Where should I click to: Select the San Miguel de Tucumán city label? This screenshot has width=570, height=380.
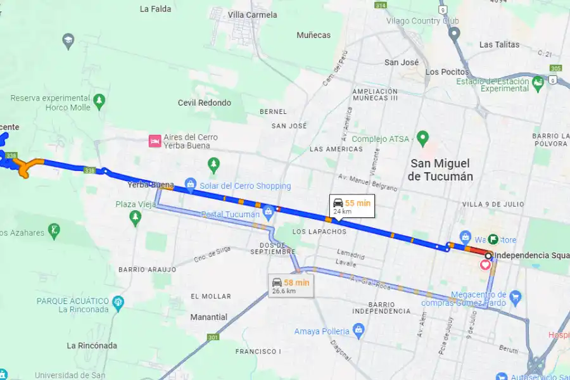pyautogui.click(x=441, y=170)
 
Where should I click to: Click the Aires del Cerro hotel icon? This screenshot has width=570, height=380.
pyautogui.click(x=154, y=141)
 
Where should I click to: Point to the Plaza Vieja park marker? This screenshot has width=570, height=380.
pyautogui.click(x=134, y=217)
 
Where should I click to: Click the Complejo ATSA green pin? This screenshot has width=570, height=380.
pyautogui.click(x=424, y=137)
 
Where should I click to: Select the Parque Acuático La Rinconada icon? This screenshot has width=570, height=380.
pyautogui.click(x=118, y=305)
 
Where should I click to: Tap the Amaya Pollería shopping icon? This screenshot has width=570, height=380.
pyautogui.click(x=359, y=330)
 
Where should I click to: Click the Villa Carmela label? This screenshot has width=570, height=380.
pyautogui.click(x=252, y=15)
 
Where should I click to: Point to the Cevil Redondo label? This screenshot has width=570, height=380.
pyautogui.click(x=205, y=103)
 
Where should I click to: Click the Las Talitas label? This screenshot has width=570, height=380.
pyautogui.click(x=499, y=44)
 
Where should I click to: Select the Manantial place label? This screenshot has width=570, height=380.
pyautogui.click(x=209, y=317)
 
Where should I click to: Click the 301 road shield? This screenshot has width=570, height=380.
pyautogui.click(x=212, y=338)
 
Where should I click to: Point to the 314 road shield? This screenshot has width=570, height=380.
pyautogui.click(x=380, y=5)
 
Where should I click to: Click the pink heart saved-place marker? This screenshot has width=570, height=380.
pyautogui.click(x=486, y=265)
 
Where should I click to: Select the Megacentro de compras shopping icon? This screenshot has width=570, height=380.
pyautogui.click(x=515, y=296)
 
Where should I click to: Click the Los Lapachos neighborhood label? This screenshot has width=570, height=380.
pyautogui.click(x=319, y=232)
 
